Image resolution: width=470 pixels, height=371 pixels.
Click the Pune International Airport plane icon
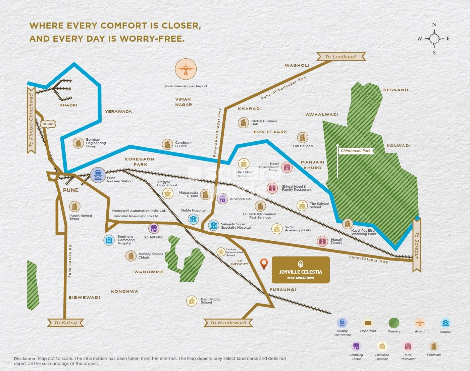click(186, 69)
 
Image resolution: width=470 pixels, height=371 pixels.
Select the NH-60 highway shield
click(48, 124)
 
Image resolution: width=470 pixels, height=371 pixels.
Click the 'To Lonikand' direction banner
click(341, 57)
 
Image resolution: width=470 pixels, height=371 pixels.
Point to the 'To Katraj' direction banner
click(66, 323)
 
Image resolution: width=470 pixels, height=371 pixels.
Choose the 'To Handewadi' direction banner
click(228, 323)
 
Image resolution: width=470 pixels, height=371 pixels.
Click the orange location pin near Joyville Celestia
click(264, 264)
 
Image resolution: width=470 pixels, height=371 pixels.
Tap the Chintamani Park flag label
click(356, 151)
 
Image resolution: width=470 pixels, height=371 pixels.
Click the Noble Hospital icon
click(193, 219)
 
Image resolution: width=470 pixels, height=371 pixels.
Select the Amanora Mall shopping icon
click(222, 199)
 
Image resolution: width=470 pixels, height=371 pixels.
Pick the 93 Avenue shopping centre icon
click(154, 229)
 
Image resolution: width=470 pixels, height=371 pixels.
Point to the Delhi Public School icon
click(192, 301)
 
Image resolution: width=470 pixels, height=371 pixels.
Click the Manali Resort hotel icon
click(322, 241)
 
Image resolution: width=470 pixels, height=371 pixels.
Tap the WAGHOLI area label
click(297, 65)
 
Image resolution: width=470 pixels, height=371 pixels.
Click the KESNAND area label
click(396, 90)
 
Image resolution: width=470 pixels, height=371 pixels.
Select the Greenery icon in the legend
click(394, 323)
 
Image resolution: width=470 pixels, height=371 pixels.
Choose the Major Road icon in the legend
click(368, 323)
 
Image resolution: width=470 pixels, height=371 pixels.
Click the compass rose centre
click(434, 39)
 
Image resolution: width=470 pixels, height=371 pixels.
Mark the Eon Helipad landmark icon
click(303, 137)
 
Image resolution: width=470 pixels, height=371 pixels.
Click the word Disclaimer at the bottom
click(25, 359)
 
